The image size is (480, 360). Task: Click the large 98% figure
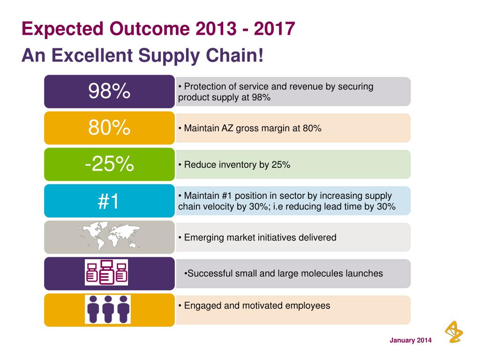(109, 91)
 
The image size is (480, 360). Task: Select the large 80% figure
(109, 127)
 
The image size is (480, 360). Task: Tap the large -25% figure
(109, 164)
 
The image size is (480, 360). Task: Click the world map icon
(109, 236)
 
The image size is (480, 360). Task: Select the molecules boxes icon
(106, 272)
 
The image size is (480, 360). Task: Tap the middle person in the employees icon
(108, 309)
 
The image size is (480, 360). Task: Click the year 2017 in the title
(275, 29)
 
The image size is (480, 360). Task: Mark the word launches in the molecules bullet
(366, 273)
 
